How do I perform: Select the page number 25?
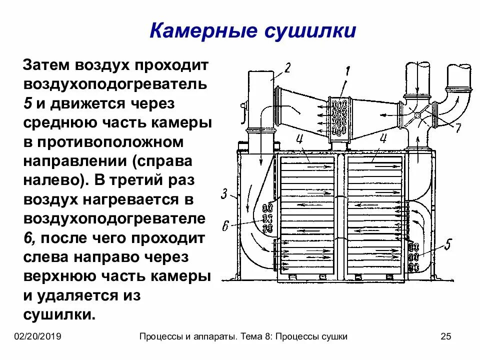(446, 336)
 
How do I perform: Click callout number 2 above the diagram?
(287, 68)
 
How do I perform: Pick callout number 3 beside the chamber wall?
(225, 193)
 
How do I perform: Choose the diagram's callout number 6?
(225, 226)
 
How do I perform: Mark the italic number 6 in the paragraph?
(29, 238)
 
